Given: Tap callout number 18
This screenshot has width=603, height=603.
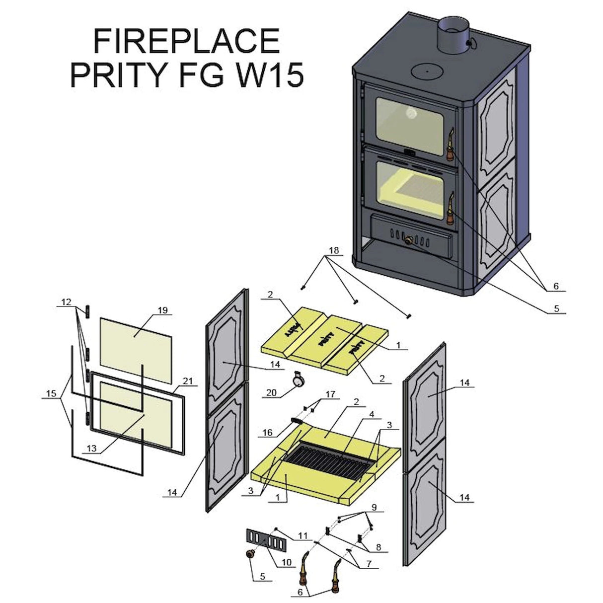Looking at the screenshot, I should pyautogui.click(x=334, y=250).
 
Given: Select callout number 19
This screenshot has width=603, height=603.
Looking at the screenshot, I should pyautogui.click(x=162, y=310).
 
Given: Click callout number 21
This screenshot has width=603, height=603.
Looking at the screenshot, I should pyautogui.click(x=187, y=381).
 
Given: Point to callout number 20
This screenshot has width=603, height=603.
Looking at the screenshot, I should pyautogui.click(x=272, y=392).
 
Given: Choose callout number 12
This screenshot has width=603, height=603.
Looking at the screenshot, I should pyautogui.click(x=67, y=301).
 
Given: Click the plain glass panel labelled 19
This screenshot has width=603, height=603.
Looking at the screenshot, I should pyautogui.click(x=134, y=335).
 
